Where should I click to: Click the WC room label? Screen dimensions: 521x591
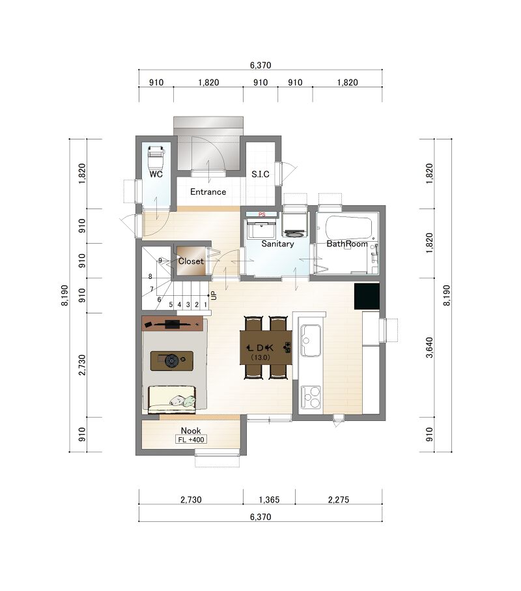click(156, 174)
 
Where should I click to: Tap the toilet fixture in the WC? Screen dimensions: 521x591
click(156, 157)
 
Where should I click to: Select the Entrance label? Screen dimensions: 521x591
click(208, 192)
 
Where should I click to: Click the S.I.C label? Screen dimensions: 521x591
click(260, 174)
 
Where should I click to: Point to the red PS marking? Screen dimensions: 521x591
click(262, 214)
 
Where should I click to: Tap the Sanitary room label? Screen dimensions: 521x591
click(277, 244)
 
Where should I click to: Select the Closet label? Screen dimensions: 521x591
click(191, 261)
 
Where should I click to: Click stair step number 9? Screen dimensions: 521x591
click(160, 261)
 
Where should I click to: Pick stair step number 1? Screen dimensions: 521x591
click(205, 304)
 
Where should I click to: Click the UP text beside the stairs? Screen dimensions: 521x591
click(214, 295)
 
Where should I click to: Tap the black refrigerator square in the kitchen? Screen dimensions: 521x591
click(367, 296)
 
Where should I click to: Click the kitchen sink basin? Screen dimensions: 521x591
click(311, 341)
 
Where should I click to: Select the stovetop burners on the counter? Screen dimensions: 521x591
click(311, 397)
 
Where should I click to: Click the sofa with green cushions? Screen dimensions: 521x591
click(172, 399)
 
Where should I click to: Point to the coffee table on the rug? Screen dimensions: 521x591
click(172, 361)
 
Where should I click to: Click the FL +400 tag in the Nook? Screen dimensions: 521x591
click(191, 439)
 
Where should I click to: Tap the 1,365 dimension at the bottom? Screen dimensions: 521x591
click(269, 500)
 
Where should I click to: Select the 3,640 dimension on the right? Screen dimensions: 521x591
click(429, 347)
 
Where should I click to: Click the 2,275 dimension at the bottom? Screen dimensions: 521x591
click(338, 500)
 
